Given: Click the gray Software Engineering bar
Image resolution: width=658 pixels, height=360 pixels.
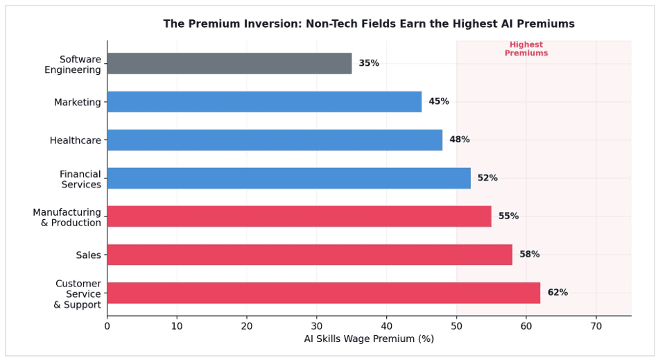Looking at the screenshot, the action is [x=230, y=63].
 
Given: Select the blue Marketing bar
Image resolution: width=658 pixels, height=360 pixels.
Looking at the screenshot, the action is [x=264, y=101].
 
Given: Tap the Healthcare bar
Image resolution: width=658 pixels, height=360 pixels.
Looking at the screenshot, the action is [x=275, y=139].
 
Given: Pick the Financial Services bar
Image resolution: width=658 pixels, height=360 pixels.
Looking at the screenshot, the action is [x=289, y=178].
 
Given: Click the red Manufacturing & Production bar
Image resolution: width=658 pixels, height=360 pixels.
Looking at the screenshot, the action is [x=300, y=216].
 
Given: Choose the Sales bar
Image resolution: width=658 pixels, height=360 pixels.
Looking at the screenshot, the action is [x=310, y=255].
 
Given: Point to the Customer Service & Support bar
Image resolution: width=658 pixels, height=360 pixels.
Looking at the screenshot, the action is [x=324, y=293].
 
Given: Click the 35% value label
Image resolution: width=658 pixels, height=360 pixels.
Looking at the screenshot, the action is [x=369, y=63].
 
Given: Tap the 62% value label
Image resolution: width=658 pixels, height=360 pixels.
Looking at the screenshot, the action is [x=557, y=293].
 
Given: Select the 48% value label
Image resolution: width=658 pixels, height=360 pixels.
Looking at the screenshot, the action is [x=460, y=139].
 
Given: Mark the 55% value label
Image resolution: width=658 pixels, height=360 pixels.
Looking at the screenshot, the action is [x=509, y=216].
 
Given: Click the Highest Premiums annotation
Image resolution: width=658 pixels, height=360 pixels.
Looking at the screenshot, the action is [x=526, y=49].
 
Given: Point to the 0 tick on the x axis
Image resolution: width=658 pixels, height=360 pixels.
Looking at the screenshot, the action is [x=107, y=326].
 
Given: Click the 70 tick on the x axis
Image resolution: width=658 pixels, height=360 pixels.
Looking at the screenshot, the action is [x=596, y=326].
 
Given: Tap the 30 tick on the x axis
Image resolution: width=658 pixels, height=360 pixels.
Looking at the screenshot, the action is [x=317, y=326].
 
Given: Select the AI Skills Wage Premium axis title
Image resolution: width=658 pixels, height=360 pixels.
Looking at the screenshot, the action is [x=369, y=338].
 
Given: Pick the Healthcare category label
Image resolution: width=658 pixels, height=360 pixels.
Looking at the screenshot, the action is [x=75, y=140].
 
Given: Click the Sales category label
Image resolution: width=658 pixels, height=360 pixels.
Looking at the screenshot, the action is [x=88, y=255].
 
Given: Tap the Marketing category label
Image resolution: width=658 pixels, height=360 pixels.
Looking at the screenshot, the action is [x=77, y=103].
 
